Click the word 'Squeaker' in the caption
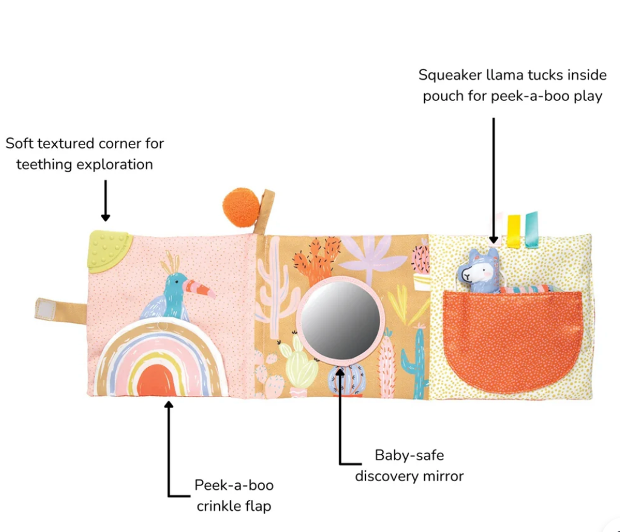tap(450, 76)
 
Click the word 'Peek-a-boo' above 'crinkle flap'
tap(234, 485)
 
